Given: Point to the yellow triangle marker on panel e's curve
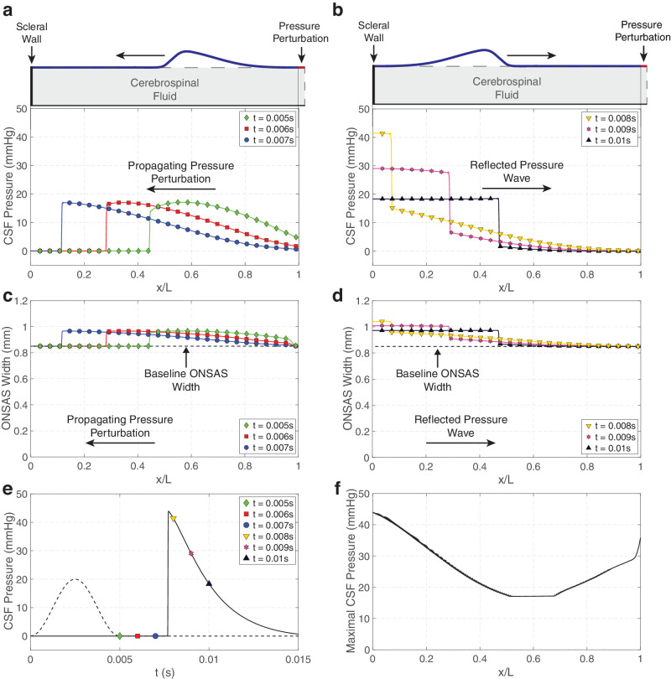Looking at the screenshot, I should [x=174, y=519].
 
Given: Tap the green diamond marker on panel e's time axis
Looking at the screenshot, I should [x=120, y=636].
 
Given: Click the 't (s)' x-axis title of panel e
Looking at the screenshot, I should [x=164, y=671].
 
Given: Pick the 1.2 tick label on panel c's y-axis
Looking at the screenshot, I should [x=20, y=303].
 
